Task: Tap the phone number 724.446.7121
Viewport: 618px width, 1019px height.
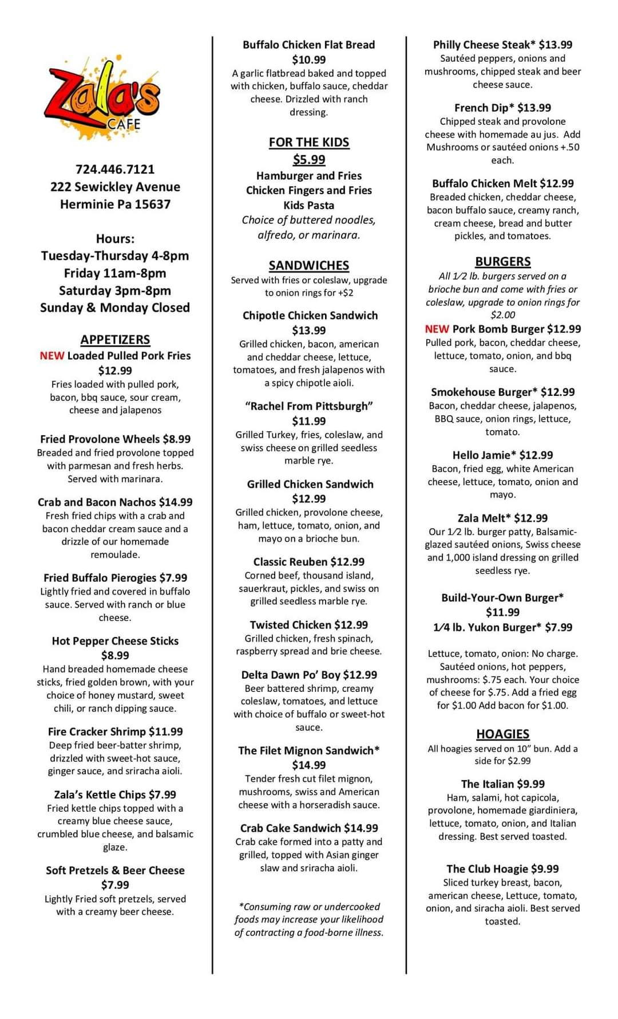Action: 115,170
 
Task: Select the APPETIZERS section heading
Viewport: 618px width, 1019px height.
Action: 115,340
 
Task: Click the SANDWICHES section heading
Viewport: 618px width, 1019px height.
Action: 309,265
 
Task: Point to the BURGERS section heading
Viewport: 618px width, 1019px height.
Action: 503,261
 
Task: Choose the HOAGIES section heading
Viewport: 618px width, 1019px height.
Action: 502,734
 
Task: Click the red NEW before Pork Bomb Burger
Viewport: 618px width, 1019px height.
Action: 437,329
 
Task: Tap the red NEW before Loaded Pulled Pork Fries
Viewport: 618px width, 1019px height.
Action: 51,356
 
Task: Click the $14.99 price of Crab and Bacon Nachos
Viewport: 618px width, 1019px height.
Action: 176,502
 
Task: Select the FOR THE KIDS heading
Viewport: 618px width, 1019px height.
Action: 309,142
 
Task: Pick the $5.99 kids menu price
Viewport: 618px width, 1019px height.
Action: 309,159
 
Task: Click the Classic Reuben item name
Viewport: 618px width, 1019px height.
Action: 291,562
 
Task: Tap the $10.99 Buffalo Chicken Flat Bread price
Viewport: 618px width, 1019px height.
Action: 309,60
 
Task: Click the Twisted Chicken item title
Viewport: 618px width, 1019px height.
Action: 291,625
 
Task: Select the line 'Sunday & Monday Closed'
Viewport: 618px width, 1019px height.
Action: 115,308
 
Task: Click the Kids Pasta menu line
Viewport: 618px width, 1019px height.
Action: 309,205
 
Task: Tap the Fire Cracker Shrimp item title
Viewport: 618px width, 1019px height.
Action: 97,731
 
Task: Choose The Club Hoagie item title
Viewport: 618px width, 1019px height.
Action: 488,869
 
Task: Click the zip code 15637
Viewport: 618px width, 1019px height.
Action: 152,204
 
